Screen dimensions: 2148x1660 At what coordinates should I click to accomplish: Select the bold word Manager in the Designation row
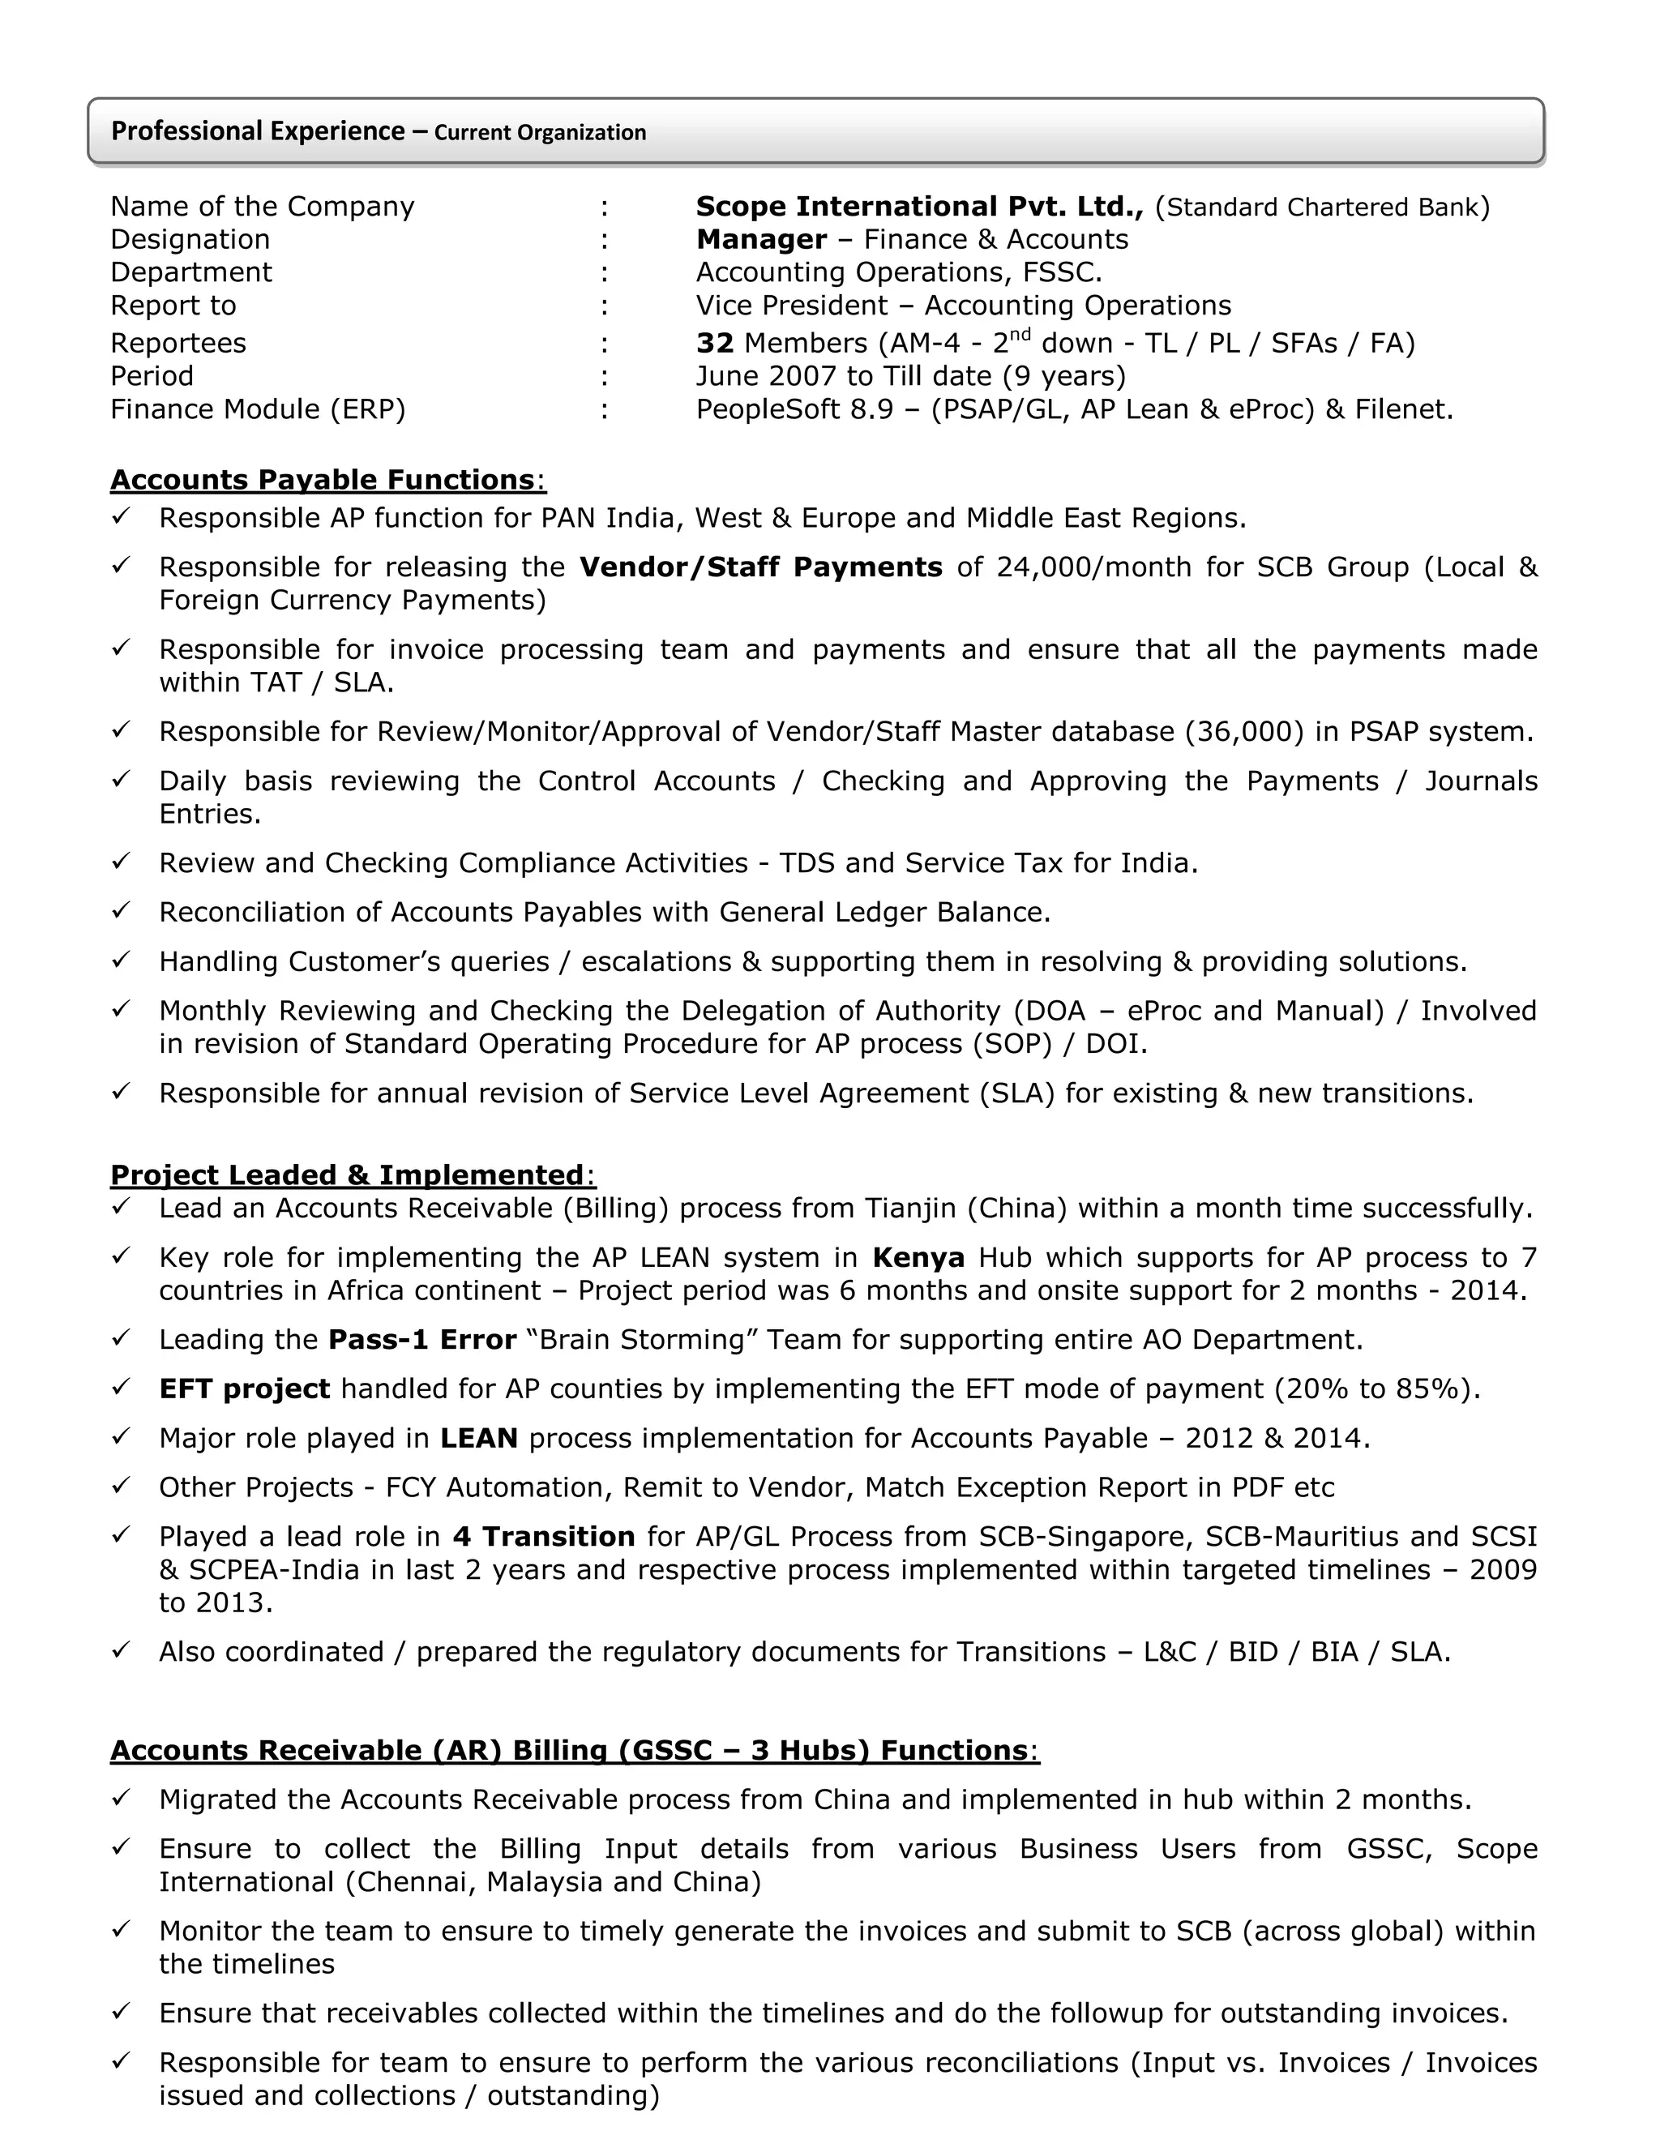761,240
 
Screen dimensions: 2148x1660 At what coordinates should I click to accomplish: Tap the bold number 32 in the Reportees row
715,343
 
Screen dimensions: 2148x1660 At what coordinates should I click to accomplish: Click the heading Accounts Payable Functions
322,480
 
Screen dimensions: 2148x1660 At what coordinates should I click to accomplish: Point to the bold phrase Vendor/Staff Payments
760,567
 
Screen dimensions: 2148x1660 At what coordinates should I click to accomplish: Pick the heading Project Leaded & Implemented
347,1175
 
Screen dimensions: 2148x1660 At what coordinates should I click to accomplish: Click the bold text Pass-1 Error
421,1340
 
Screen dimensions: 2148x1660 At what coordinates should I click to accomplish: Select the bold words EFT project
244,1388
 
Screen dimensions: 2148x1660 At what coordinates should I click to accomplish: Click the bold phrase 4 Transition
544,1536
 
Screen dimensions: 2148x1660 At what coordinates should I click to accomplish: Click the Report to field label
173,306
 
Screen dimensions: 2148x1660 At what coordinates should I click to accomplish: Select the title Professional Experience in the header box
258,131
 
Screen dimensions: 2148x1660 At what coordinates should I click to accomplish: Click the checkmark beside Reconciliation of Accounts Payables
121,911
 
